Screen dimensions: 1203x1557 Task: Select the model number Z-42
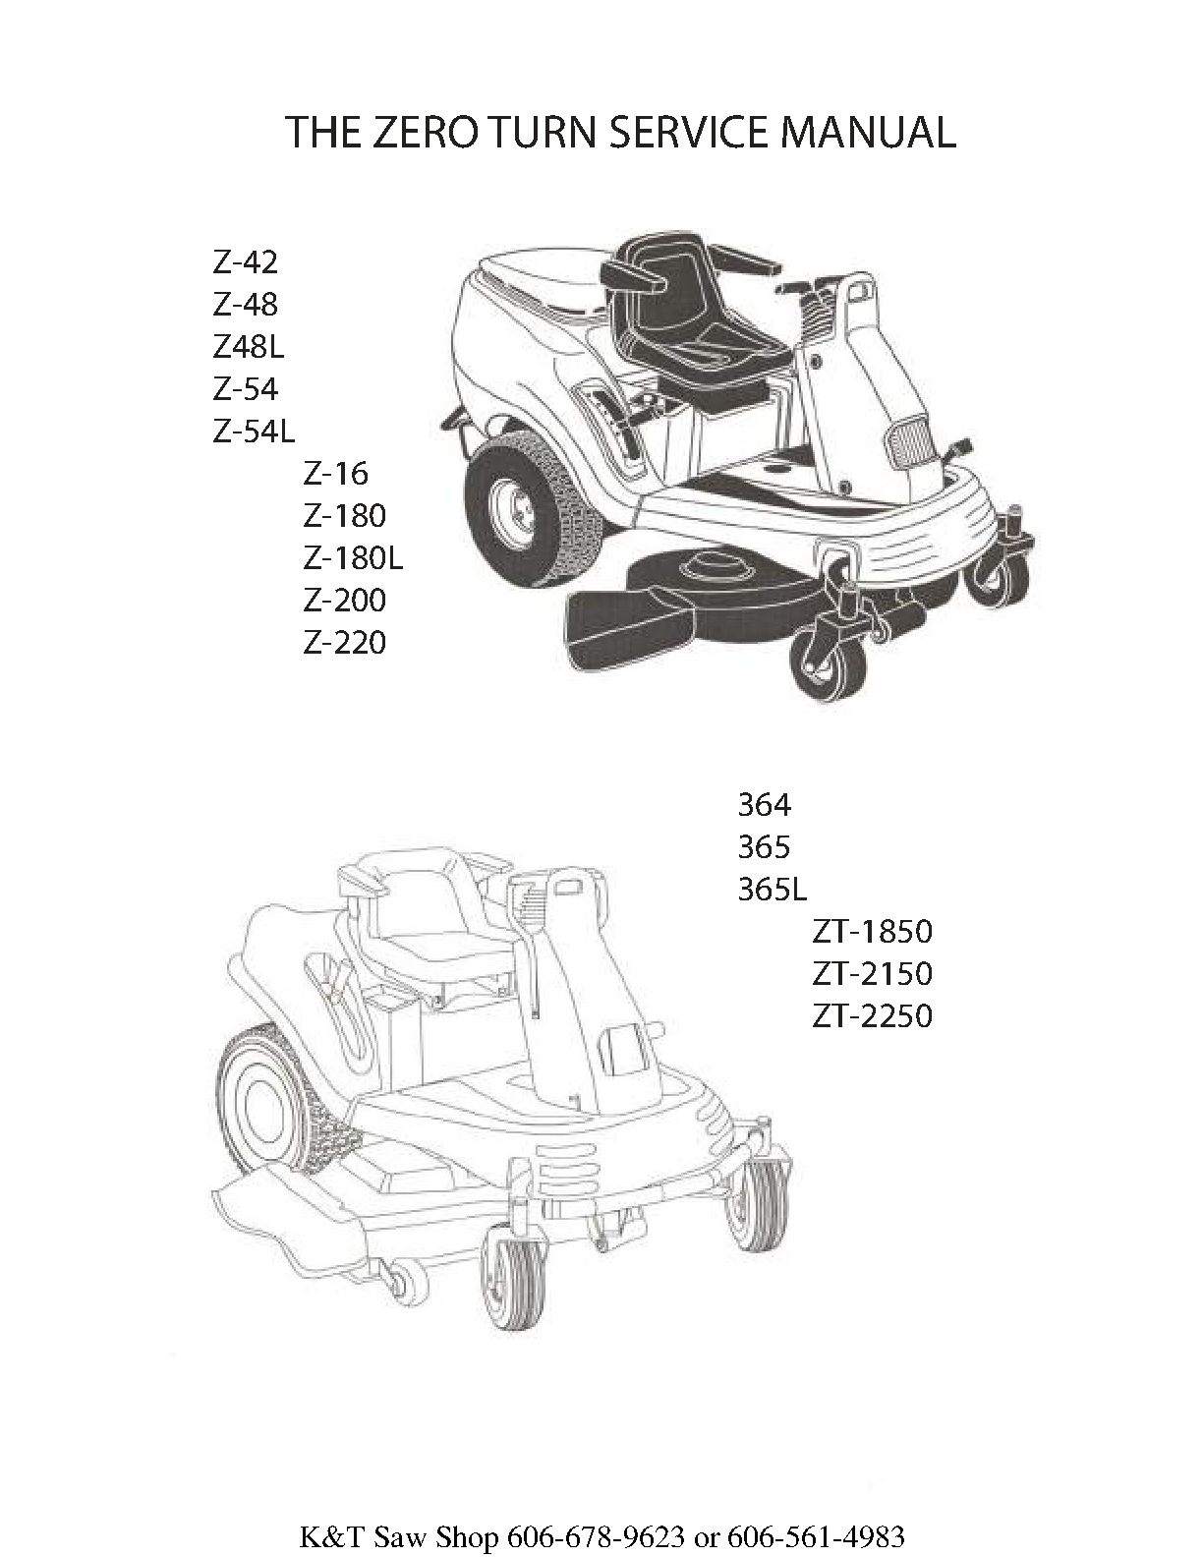(x=245, y=263)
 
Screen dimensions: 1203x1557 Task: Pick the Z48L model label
(x=248, y=348)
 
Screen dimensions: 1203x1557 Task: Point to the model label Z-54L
(x=254, y=432)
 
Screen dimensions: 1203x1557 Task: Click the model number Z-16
(x=335, y=474)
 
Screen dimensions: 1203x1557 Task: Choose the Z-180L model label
(x=353, y=558)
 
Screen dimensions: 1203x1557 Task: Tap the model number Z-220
(x=345, y=643)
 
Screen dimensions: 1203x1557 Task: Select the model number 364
(x=765, y=805)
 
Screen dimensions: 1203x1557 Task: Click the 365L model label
(x=773, y=890)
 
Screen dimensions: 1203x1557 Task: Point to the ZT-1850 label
(x=872, y=932)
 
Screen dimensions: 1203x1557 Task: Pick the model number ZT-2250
(x=872, y=1016)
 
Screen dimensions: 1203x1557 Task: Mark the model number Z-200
(x=345, y=601)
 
